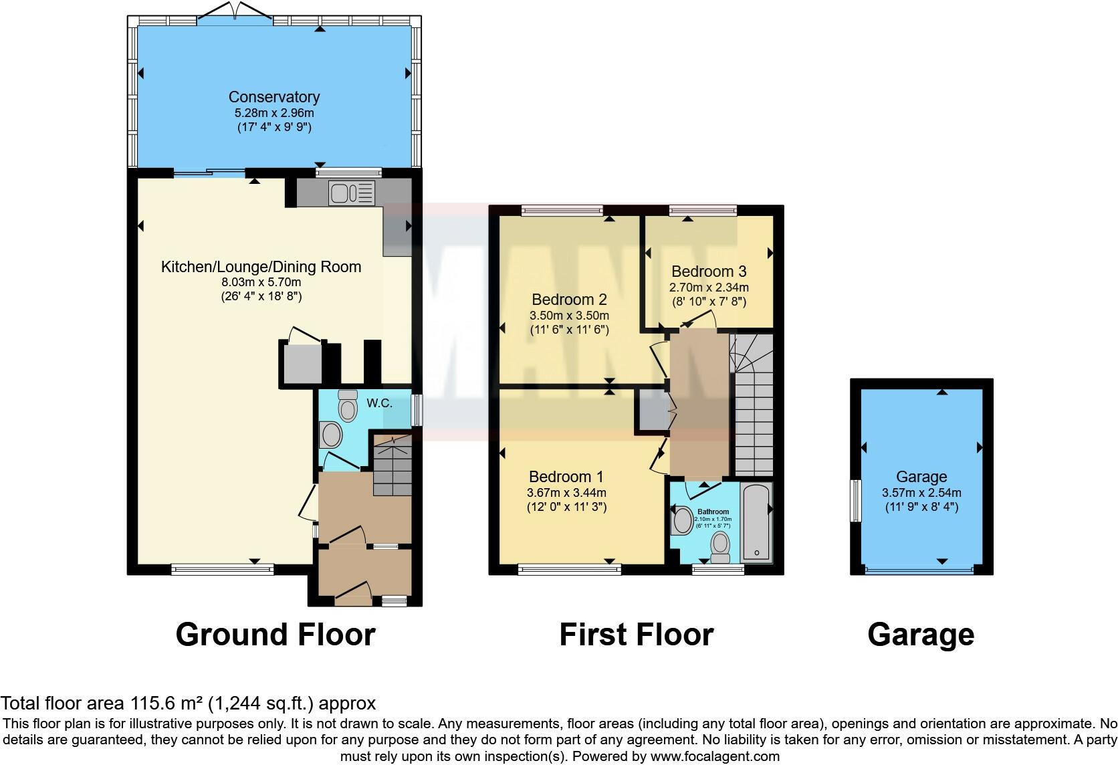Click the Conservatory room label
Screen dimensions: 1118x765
pos(274,97)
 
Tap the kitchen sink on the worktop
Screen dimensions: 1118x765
pos(351,193)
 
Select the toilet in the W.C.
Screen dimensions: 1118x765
pos(348,406)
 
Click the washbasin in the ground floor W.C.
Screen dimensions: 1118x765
pos(330,435)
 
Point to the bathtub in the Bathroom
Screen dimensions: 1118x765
pos(757,522)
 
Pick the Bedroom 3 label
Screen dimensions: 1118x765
pos(709,271)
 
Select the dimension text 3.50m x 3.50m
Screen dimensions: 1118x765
pos(570,316)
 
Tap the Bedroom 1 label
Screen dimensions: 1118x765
pos(566,477)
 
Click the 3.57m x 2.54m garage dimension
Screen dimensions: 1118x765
pos(921,493)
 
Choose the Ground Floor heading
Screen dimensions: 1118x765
pos(275,635)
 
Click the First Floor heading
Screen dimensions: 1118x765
pos(637,635)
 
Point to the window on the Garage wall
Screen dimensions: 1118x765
pos(856,500)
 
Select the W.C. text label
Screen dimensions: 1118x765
pos(379,403)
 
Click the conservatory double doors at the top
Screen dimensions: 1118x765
pos(235,15)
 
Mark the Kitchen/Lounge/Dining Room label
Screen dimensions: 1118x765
pos(261,267)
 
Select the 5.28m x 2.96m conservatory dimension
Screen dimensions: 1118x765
pos(274,113)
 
